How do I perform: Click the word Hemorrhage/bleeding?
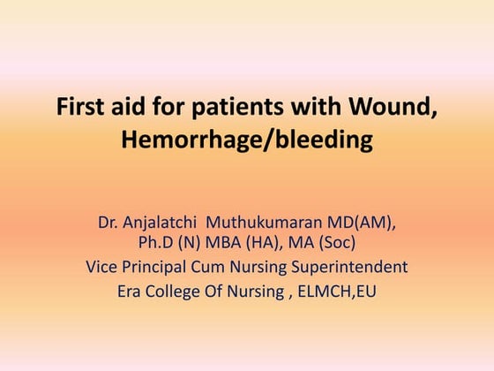pos(247,140)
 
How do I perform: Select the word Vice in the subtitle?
pos(103,266)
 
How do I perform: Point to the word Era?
pos(132,288)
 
